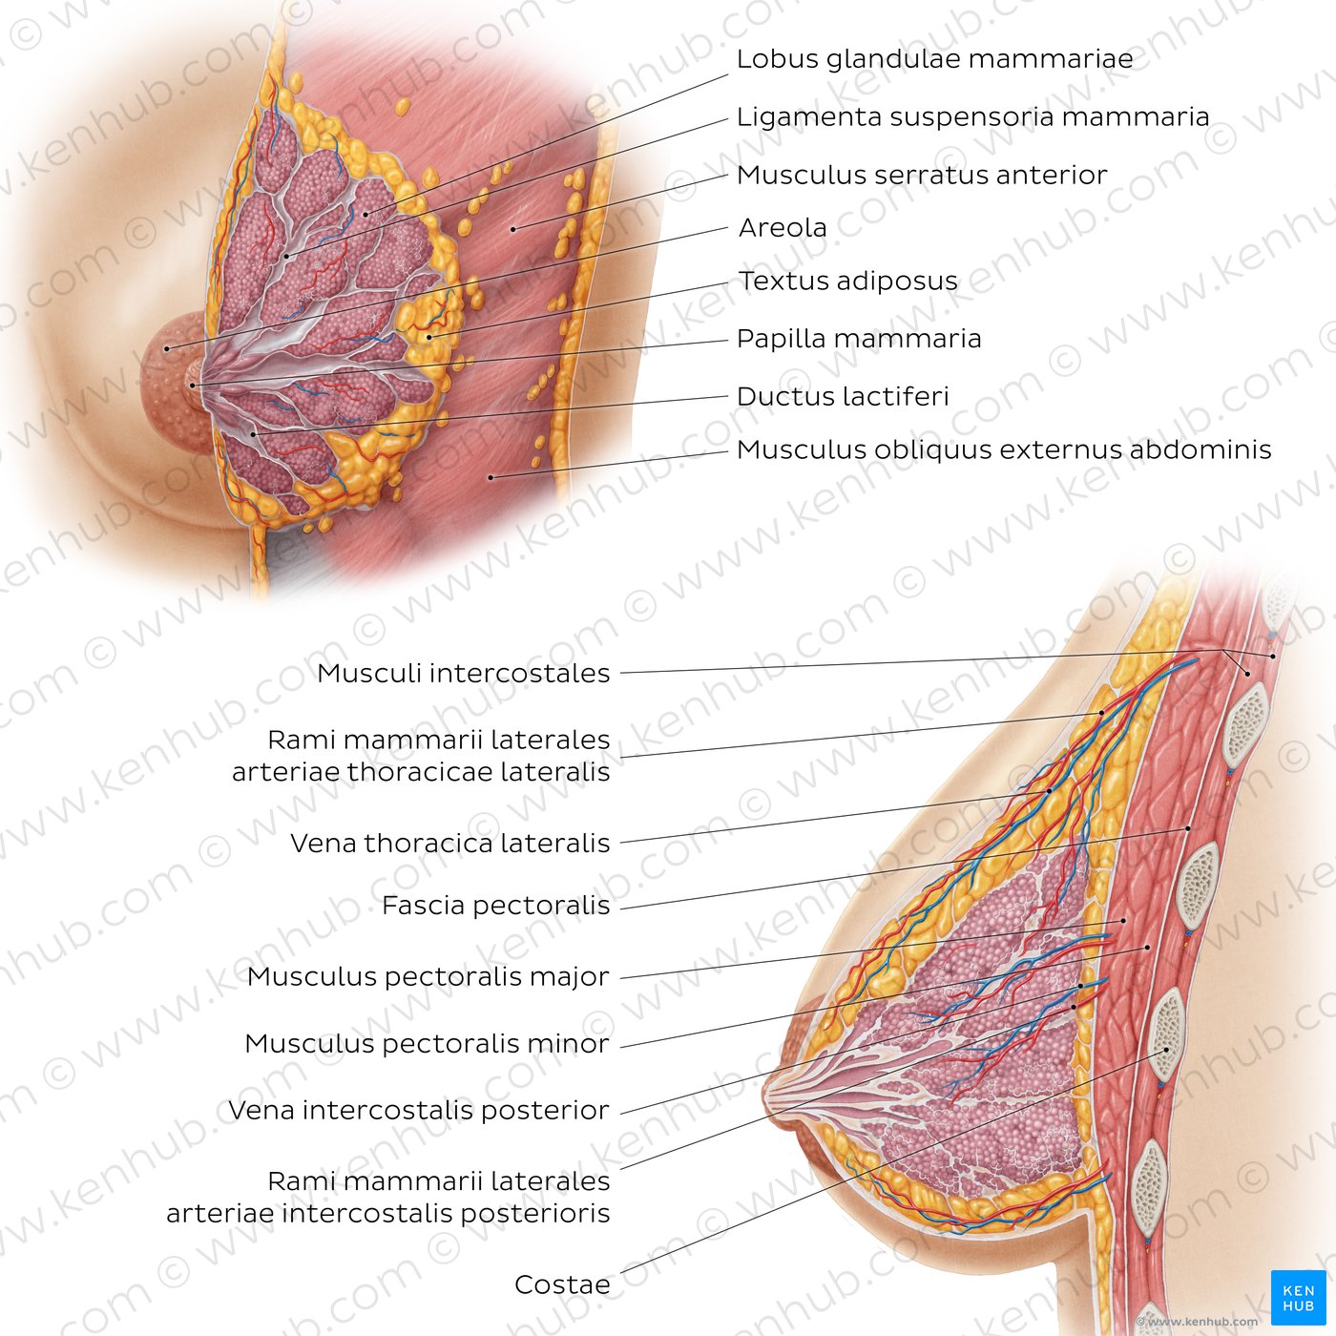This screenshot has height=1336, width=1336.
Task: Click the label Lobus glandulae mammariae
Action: pyautogui.click(x=934, y=59)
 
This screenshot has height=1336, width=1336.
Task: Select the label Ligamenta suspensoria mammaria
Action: pyautogui.click(x=972, y=117)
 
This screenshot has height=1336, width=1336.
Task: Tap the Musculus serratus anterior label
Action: pyautogui.click(x=922, y=175)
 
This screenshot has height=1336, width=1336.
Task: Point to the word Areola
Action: pyautogui.click(x=783, y=227)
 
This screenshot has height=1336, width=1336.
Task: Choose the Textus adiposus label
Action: pyautogui.click(x=848, y=281)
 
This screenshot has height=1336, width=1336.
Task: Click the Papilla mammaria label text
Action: pyautogui.click(x=859, y=339)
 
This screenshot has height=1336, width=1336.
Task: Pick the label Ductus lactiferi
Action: pyautogui.click(x=843, y=397)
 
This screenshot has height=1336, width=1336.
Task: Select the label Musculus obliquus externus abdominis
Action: pyautogui.click(x=1004, y=450)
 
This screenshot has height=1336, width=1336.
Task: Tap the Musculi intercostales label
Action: pyautogui.click(x=464, y=673)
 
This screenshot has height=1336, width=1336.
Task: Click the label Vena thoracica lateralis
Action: pyautogui.click(x=450, y=844)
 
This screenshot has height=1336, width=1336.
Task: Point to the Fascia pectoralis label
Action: pyautogui.click(x=495, y=906)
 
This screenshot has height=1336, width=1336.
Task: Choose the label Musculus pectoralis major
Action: pyautogui.click(x=428, y=977)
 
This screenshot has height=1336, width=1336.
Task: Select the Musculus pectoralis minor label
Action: pyautogui.click(x=428, y=1044)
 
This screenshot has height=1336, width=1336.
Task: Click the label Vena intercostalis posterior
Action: pyautogui.click(x=419, y=1111)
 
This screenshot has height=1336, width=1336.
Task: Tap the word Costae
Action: pyautogui.click(x=562, y=1284)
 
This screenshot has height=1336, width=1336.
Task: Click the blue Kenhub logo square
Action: pyautogui.click(x=1298, y=1298)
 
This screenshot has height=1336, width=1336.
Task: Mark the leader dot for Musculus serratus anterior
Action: pyautogui.click(x=513, y=229)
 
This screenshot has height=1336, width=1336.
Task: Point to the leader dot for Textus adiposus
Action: pyautogui.click(x=429, y=337)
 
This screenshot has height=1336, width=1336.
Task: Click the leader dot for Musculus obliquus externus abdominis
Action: pyautogui.click(x=491, y=478)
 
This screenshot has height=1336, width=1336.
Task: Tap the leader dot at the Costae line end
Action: pyautogui.click(x=1166, y=1051)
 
